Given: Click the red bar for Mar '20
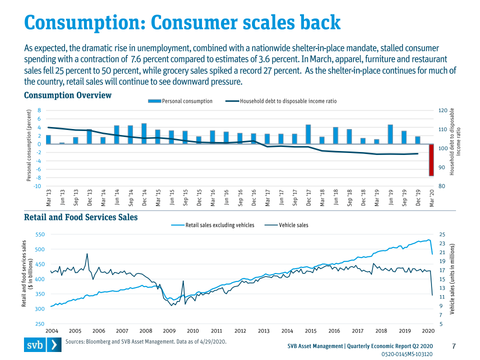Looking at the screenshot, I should click(x=431, y=160).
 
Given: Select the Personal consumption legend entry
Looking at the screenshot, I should click(x=180, y=101).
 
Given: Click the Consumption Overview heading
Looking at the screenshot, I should click(x=67, y=95).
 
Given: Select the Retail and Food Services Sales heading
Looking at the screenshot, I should click(x=81, y=217).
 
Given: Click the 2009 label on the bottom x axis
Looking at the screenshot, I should click(x=169, y=330).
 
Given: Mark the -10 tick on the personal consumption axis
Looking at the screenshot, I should click(x=36, y=186).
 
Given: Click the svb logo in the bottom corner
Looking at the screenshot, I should click(x=43, y=345).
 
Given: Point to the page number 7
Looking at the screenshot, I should click(x=454, y=346).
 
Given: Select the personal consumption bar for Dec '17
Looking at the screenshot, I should click(x=308, y=134).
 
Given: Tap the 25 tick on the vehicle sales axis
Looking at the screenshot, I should click(x=441, y=234).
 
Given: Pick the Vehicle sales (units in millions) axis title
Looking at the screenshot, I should click(x=452, y=279).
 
